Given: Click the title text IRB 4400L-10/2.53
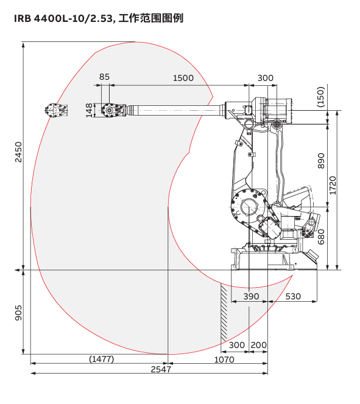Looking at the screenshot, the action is [x=63, y=18].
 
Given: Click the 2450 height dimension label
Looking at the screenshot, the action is [x=18, y=152].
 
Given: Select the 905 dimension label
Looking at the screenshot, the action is [x=18, y=313].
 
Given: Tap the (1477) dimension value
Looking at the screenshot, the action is [x=101, y=358].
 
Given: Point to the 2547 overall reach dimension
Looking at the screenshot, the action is [x=161, y=369].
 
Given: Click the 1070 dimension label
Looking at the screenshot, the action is [x=224, y=360].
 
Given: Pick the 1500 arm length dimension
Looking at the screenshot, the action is [x=183, y=78].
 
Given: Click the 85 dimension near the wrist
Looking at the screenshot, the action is [x=104, y=77].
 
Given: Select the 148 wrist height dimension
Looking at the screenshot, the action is [x=89, y=110].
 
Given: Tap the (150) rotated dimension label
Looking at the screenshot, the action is [x=320, y=97].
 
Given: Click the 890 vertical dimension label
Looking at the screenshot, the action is [x=321, y=161].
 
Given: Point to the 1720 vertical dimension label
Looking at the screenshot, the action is [x=333, y=186].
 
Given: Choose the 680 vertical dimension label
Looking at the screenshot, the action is [x=321, y=237].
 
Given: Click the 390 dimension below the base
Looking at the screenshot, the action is [x=251, y=296].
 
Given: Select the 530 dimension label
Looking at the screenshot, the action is [x=293, y=296].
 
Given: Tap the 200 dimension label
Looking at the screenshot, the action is [x=259, y=345].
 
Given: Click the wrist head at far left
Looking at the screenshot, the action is [x=56, y=110].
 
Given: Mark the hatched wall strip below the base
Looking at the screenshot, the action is [x=224, y=313].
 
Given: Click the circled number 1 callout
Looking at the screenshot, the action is [x=295, y=250].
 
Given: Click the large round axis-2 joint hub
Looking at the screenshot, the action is [x=249, y=207].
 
